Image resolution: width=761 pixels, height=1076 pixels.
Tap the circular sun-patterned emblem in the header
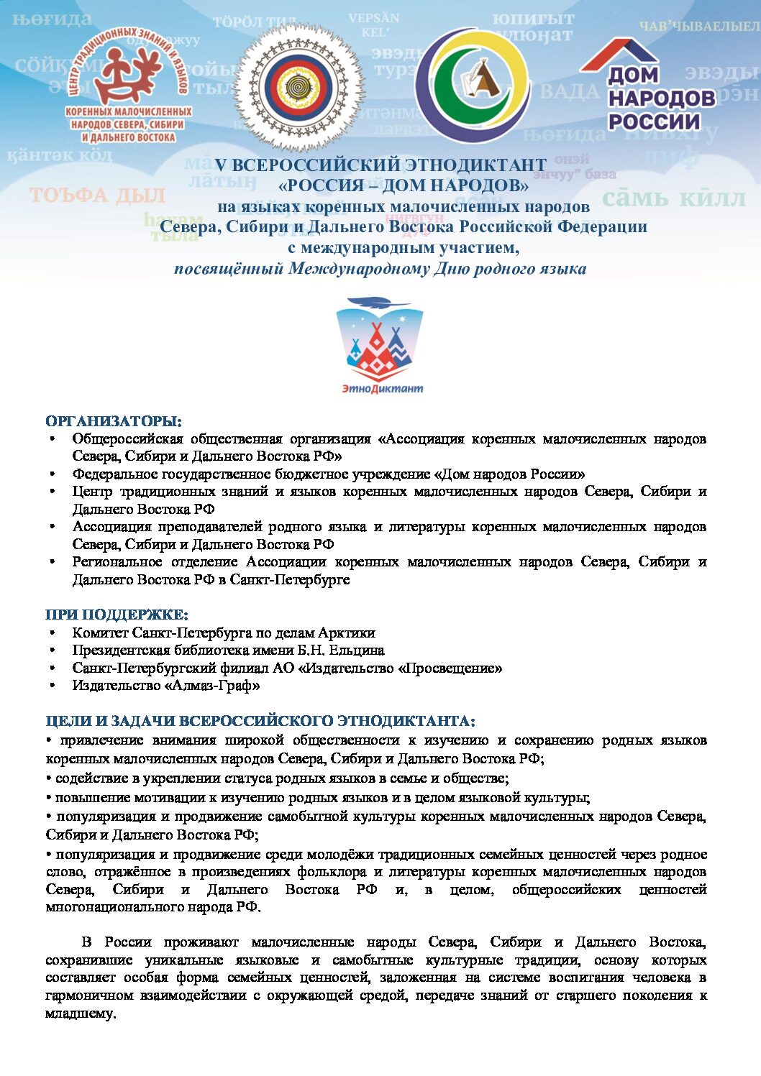click(x=299, y=87)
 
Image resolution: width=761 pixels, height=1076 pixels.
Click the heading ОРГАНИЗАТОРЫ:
click(x=114, y=421)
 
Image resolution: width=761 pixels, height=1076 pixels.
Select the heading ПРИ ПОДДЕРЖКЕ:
click(x=117, y=615)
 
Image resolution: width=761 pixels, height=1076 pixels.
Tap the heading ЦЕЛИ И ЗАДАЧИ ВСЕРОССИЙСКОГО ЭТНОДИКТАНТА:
click(x=260, y=721)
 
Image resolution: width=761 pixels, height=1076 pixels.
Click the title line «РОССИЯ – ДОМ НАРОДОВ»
click(x=404, y=185)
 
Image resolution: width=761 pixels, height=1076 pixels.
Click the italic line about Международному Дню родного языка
click(x=380, y=269)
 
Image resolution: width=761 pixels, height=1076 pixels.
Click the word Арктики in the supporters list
click(x=347, y=633)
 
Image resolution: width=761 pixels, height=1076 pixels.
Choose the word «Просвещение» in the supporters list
click(x=452, y=668)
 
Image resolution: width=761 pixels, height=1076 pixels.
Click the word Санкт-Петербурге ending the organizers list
click(x=290, y=580)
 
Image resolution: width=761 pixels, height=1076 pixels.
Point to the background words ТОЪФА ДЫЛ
click(x=97, y=196)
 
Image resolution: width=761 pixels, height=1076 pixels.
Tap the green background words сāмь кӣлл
click(x=673, y=198)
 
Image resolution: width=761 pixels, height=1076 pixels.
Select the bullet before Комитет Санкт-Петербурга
click(x=53, y=633)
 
